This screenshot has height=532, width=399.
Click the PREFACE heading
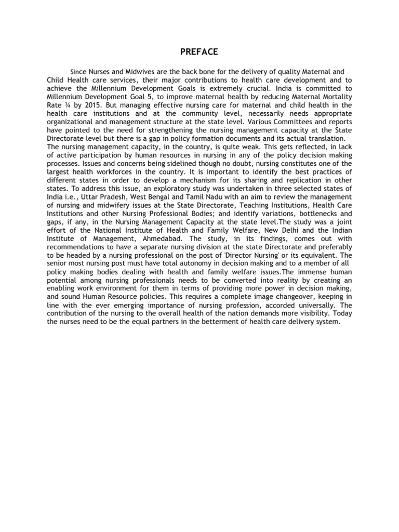tap(199, 51)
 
